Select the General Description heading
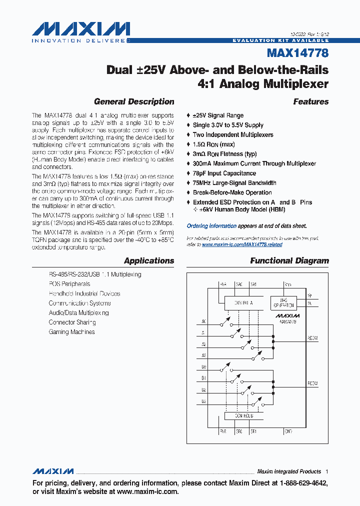coord(134,101)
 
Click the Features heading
coord(311,101)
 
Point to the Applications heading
coord(149,260)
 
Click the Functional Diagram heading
coord(289,260)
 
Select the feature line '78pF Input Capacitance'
coord(224,173)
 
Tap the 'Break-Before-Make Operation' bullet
coord(232,192)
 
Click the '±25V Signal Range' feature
coord(218,115)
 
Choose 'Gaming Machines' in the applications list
coord(71,332)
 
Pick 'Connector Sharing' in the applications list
coord(72,322)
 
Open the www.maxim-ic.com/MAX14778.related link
coord(242,244)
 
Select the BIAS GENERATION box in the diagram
coord(283,302)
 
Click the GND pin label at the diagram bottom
coord(288,430)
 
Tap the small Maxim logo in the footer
coord(53,471)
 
